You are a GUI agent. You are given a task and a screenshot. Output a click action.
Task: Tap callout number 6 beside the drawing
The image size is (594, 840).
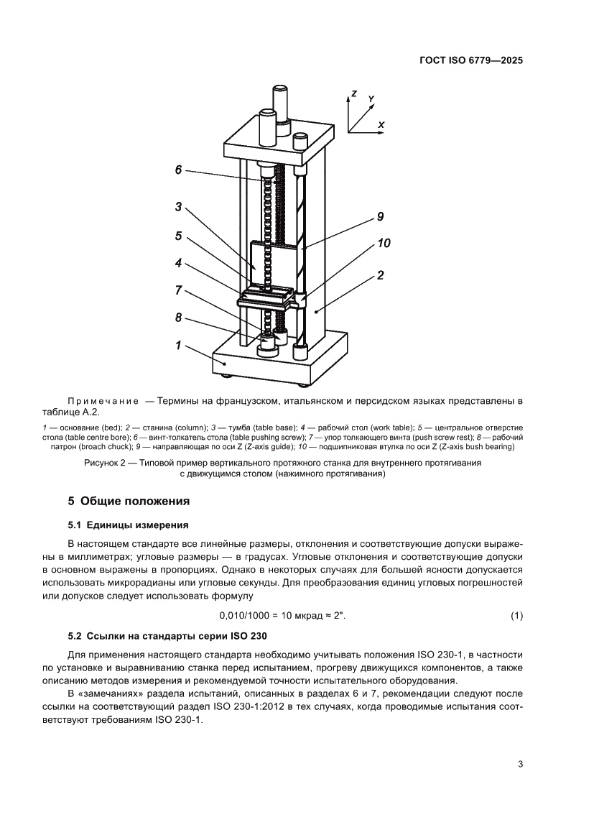tap(179, 170)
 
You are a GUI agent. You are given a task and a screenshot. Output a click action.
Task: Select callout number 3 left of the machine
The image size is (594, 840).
tap(179, 206)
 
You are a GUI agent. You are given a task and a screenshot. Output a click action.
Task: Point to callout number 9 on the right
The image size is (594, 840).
tap(381, 216)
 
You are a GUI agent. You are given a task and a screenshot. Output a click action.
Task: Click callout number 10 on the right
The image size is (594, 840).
tap(384, 244)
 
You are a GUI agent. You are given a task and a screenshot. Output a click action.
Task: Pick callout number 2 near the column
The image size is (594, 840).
tap(381, 275)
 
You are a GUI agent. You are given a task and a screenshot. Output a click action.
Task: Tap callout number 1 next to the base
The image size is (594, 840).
tap(178, 346)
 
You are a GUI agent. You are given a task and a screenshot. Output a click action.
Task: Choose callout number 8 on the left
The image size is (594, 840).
tap(179, 317)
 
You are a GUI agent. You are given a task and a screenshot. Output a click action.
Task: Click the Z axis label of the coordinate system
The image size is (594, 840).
tap(353, 93)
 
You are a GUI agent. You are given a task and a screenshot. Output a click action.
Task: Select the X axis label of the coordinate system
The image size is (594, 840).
tap(381, 124)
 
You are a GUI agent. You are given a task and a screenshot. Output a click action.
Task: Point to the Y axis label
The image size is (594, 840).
tap(371, 98)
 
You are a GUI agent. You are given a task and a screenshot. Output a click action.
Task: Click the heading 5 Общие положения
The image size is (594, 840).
tap(129, 501)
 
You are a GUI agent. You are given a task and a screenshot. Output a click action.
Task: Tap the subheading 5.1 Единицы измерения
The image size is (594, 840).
tap(129, 525)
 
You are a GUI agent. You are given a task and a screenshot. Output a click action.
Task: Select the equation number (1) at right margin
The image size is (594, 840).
tap(516, 616)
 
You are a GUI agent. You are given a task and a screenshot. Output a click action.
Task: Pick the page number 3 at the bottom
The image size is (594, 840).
tap(520, 764)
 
